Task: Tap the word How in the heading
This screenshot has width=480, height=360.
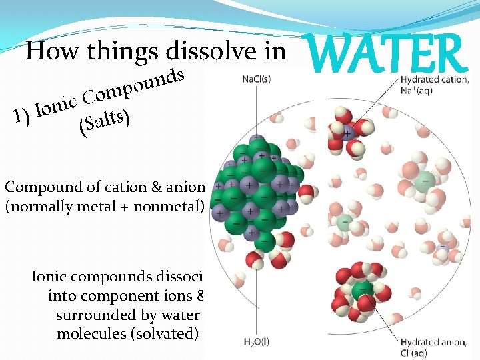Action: tap(49, 52)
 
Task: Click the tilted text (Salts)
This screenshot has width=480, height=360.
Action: tap(104, 123)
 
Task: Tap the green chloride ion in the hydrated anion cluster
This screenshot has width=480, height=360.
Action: tap(361, 291)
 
